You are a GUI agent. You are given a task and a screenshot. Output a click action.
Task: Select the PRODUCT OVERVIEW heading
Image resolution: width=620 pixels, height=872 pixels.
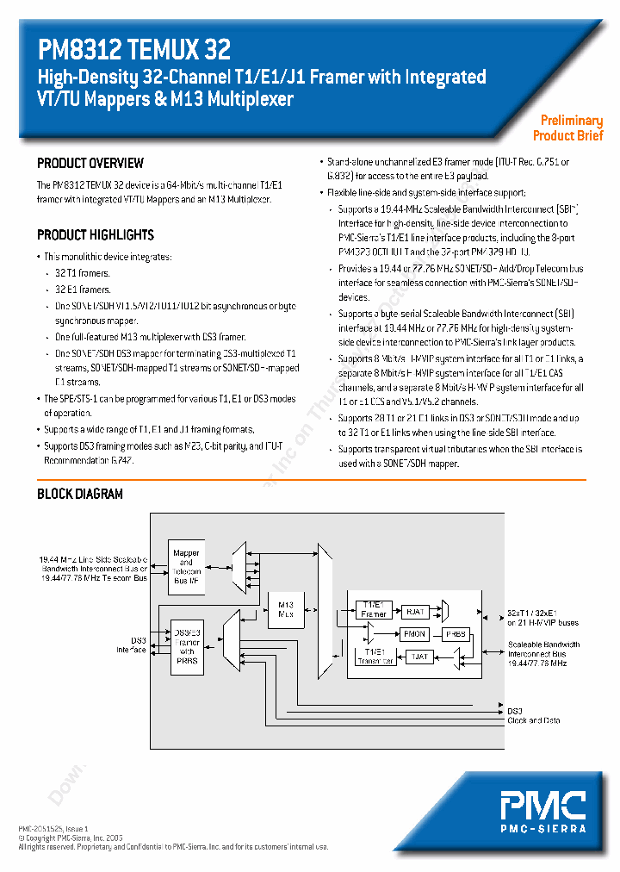(90, 164)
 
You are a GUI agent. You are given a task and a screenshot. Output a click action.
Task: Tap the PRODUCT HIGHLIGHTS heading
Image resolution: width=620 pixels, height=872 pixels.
(96, 235)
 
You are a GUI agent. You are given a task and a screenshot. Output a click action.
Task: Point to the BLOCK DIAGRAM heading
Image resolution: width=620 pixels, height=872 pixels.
(80, 495)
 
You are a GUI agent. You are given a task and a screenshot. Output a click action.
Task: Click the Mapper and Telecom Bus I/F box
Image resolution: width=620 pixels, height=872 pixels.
(186, 566)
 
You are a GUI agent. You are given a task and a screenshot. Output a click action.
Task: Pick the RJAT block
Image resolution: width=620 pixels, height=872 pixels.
(416, 612)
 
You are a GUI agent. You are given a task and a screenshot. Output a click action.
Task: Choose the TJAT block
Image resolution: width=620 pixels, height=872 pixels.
(418, 657)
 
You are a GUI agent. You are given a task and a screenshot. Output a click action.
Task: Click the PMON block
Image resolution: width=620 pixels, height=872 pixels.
(415, 633)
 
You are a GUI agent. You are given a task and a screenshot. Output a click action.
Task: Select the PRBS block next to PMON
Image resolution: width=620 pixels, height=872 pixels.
(456, 633)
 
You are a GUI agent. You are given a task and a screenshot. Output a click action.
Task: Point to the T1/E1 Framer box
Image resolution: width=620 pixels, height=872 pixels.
(374, 609)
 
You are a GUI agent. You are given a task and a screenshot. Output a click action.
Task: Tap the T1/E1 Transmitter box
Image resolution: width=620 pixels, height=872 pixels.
(375, 656)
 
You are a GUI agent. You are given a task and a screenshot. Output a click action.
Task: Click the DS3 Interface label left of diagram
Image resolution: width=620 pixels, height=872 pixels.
(132, 645)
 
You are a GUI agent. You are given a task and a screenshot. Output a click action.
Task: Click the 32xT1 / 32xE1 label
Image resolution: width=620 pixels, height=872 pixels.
(534, 613)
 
